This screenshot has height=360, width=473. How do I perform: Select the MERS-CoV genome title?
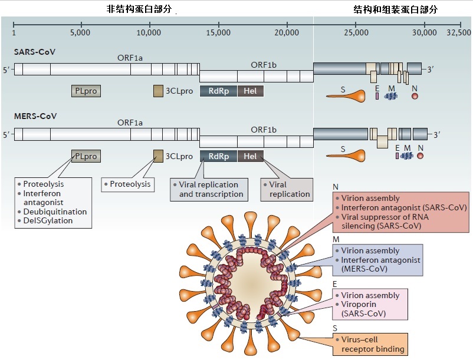coord(35,115)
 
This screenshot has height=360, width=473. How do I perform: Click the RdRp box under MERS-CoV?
coord(218,156)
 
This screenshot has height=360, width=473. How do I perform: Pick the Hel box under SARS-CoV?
coord(250,91)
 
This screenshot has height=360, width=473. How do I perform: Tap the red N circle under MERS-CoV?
coord(420,156)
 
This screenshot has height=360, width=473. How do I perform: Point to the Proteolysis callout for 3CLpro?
coord(127,184)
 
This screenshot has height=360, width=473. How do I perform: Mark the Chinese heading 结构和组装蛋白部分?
coord(391,10)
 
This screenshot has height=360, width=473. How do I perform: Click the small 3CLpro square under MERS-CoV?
coord(158,156)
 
